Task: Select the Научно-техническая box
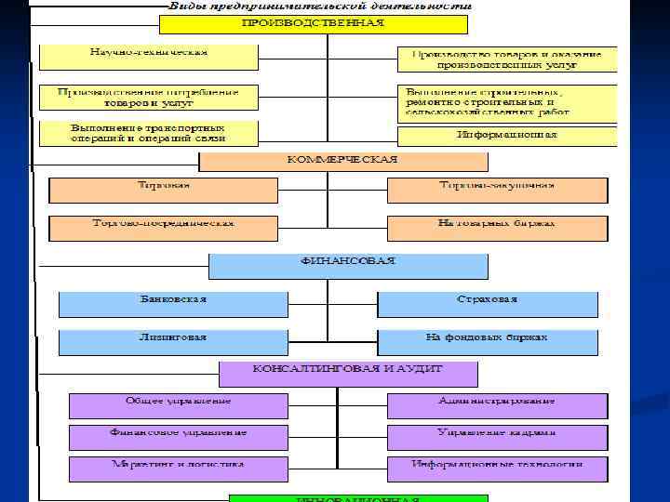[x=148, y=57]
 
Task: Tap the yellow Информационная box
[x=506, y=137]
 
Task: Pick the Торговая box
[x=164, y=190]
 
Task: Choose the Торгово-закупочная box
[x=497, y=190]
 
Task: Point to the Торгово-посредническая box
[x=164, y=228]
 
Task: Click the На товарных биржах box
[x=497, y=228]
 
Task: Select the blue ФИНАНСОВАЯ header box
[x=348, y=266]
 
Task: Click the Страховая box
[x=488, y=304]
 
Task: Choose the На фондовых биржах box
[x=488, y=341]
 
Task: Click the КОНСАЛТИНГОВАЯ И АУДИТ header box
[x=348, y=374]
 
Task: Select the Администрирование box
[x=497, y=405]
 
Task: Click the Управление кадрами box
[x=497, y=437]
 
